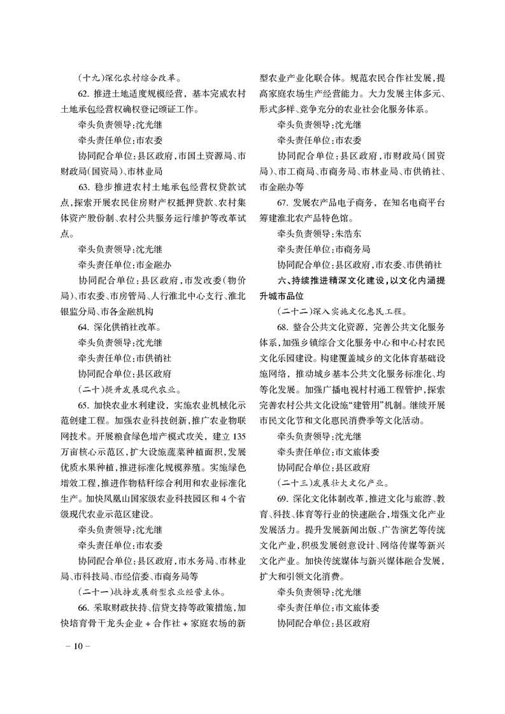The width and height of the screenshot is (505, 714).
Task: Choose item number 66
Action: [83, 607]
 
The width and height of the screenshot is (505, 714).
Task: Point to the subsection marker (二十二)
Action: [295, 312]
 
